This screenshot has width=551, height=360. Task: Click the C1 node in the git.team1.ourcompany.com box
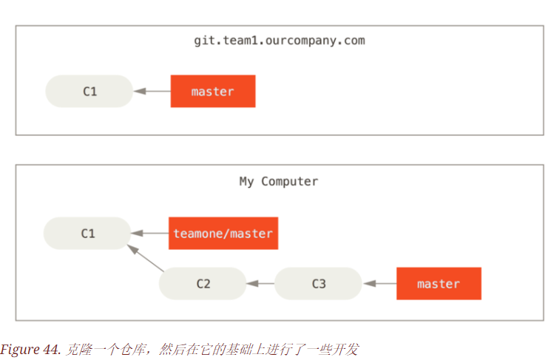pyautogui.click(x=89, y=92)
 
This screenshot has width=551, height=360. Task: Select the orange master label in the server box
pyautogui.click(x=213, y=92)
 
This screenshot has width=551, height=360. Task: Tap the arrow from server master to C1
pyautogui.click(x=152, y=92)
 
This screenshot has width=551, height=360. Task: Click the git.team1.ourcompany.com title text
pyautogui.click(x=279, y=40)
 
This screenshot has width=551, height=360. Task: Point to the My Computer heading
pyautogui.click(x=279, y=181)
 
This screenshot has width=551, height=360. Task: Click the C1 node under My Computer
pyautogui.click(x=88, y=234)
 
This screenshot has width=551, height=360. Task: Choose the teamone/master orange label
pyautogui.click(x=223, y=234)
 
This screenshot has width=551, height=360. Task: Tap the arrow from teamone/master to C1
pyautogui.click(x=150, y=234)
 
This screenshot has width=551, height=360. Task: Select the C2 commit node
pyautogui.click(x=203, y=284)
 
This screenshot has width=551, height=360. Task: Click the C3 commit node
pyautogui.click(x=319, y=284)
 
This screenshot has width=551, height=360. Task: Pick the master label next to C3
pyautogui.click(x=439, y=284)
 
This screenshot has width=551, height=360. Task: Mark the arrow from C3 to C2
pyautogui.click(x=260, y=284)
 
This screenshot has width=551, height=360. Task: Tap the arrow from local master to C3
pyautogui.click(x=379, y=284)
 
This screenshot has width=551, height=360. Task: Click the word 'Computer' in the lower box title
pyautogui.click(x=290, y=181)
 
